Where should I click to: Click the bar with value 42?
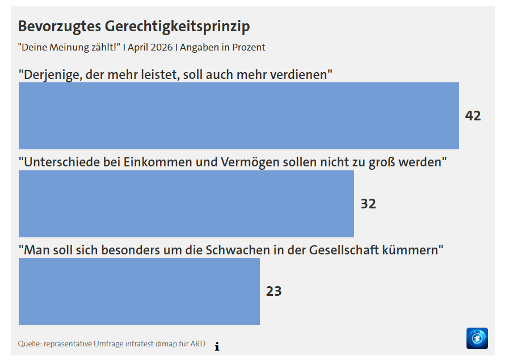(x=238, y=116)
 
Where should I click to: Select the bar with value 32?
(x=186, y=203)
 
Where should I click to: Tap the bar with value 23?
(x=139, y=291)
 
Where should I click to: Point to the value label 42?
(x=473, y=116)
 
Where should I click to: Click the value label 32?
(x=368, y=203)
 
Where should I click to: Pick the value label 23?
(x=274, y=291)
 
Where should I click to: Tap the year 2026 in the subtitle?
(x=161, y=47)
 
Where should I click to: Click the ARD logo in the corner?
(x=477, y=338)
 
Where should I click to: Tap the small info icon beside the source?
(x=217, y=346)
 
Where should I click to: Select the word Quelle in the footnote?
(x=29, y=344)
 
